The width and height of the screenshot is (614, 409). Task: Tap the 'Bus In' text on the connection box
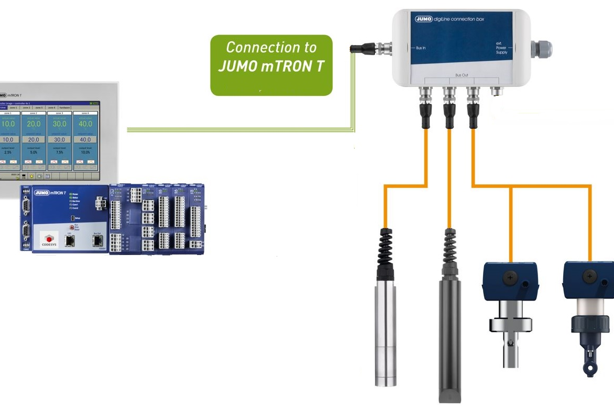pyautogui.click(x=420, y=48)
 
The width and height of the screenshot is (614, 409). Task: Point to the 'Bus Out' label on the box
pyautogui.click(x=462, y=75)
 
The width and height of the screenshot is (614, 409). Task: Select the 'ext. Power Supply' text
pyautogui.click(x=501, y=48)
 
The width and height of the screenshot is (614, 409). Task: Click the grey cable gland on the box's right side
pyautogui.click(x=540, y=49)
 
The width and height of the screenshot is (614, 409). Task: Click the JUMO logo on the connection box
pyautogui.click(x=423, y=19)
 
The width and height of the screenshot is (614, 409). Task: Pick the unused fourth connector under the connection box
pyautogui.click(x=496, y=92)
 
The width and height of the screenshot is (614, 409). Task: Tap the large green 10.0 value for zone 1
pyautogui.click(x=8, y=125)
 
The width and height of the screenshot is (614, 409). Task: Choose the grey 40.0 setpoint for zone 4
pyautogui.click(x=85, y=140)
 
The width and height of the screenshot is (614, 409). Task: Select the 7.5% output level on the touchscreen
pyautogui.click(x=59, y=152)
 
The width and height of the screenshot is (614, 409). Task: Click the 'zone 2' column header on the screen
pyautogui.click(x=33, y=113)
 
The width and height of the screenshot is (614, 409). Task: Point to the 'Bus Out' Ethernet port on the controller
pyautogui.click(x=97, y=240)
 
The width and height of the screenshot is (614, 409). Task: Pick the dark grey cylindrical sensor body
pyautogui.click(x=449, y=335)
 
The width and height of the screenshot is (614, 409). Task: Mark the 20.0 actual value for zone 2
pyautogui.click(x=34, y=125)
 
